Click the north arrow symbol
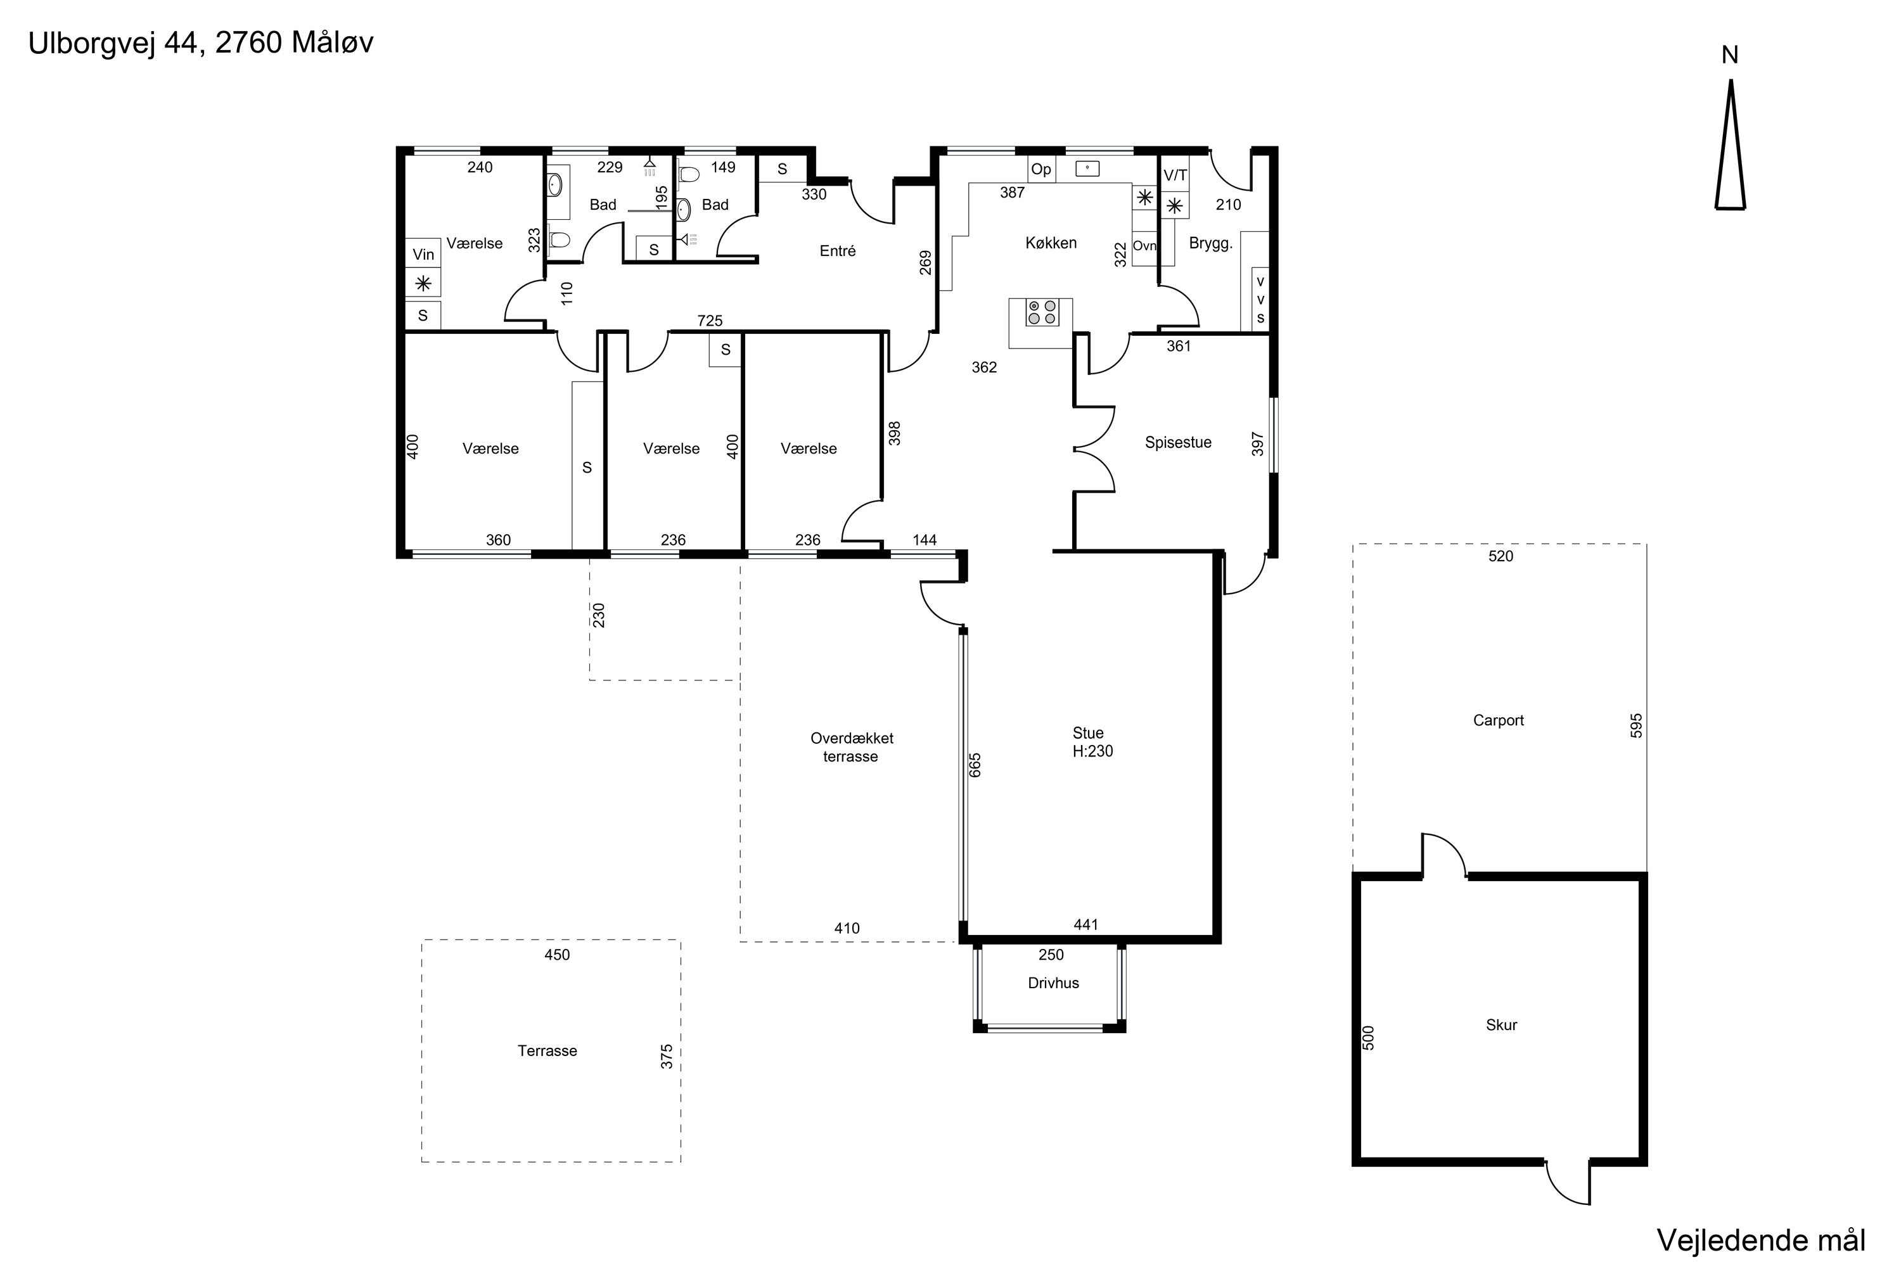tap(1731, 146)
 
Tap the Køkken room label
tap(1051, 243)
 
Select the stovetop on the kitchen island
tap(1042, 312)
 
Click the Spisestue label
tap(1177, 443)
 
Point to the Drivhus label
tap(1053, 983)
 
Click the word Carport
tap(1499, 721)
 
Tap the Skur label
tap(1502, 1026)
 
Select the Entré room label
tap(837, 251)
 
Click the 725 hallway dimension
tap(710, 321)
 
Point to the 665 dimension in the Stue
tap(975, 765)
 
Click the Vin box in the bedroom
tap(423, 254)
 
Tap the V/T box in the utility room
tap(1175, 175)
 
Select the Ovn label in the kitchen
tap(1144, 246)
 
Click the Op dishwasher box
tap(1041, 169)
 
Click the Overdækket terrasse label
tap(852, 748)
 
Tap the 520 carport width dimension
tap(1500, 557)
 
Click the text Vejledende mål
tap(1761, 1240)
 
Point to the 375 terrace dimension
tap(667, 1057)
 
